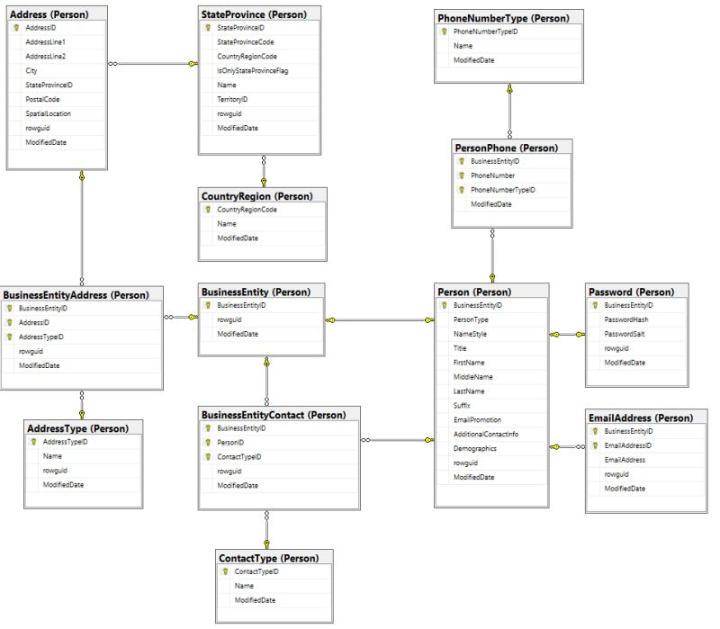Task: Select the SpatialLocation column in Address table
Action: point(49,113)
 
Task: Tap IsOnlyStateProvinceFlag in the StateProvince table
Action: point(256,70)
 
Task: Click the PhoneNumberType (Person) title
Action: point(502,18)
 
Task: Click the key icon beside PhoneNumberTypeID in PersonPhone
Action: point(462,190)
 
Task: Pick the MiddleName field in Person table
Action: point(472,376)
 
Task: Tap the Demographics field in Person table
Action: point(475,448)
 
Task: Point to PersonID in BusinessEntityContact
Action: point(231,443)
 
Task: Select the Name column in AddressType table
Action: point(52,456)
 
